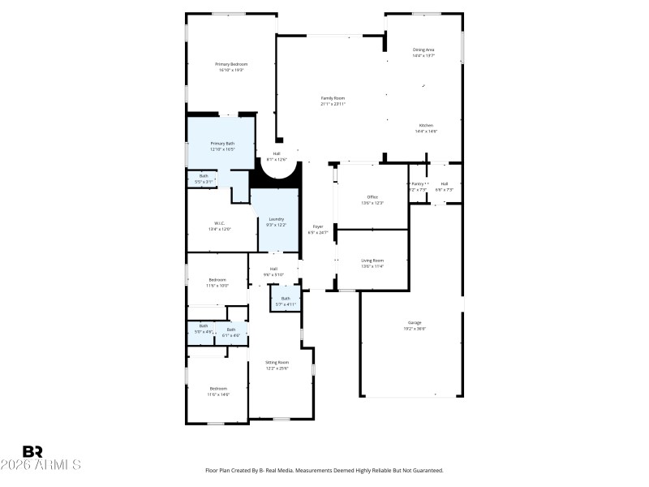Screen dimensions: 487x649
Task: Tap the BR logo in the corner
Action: (32, 451)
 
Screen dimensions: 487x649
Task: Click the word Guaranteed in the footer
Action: (427, 471)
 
